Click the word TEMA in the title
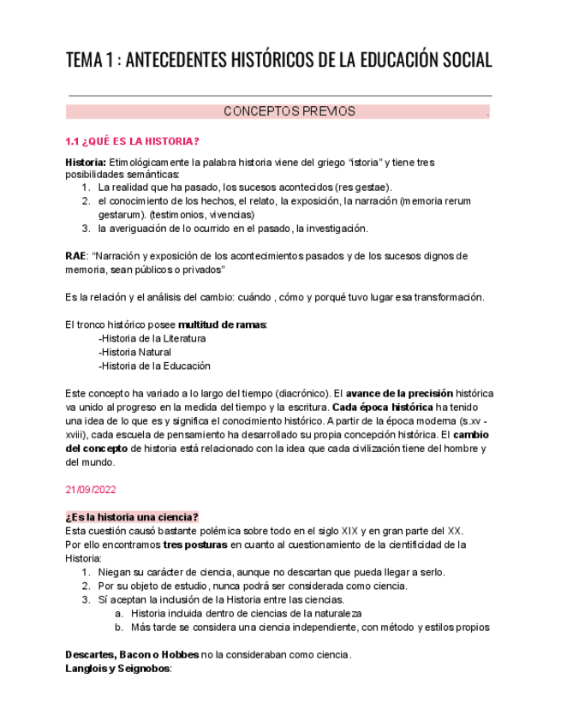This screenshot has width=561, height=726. click(83, 61)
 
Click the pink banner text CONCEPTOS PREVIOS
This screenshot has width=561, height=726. click(289, 111)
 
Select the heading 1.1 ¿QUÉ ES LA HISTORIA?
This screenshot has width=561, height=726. click(133, 141)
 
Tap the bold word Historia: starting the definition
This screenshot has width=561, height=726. click(86, 163)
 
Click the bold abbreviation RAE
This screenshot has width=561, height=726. click(75, 256)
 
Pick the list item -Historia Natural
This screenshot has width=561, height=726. click(134, 352)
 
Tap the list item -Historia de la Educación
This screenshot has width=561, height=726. click(154, 366)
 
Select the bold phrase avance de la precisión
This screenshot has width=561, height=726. click(399, 393)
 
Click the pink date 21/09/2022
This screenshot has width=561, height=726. click(91, 490)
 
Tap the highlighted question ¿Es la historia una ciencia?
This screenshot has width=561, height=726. click(132, 517)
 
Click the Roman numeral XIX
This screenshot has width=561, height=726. click(343, 531)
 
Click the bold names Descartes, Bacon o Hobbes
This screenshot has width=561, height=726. click(132, 655)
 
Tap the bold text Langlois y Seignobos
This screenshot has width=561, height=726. click(118, 669)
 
